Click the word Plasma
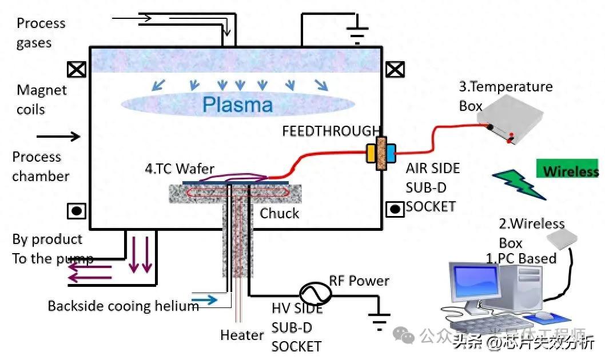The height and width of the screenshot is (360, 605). pos(238,105)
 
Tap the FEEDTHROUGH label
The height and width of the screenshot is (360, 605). pos(331,131)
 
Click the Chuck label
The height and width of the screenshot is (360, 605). pos(279,214)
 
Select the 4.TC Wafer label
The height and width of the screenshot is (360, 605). pos(179,169)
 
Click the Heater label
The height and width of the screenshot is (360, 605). pos(242,335)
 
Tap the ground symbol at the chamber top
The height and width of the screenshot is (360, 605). pos(358,35)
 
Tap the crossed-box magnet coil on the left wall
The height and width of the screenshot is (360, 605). pos(76,70)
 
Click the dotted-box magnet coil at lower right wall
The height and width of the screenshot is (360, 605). pos(395,209)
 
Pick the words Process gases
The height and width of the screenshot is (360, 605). pos(41,33)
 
